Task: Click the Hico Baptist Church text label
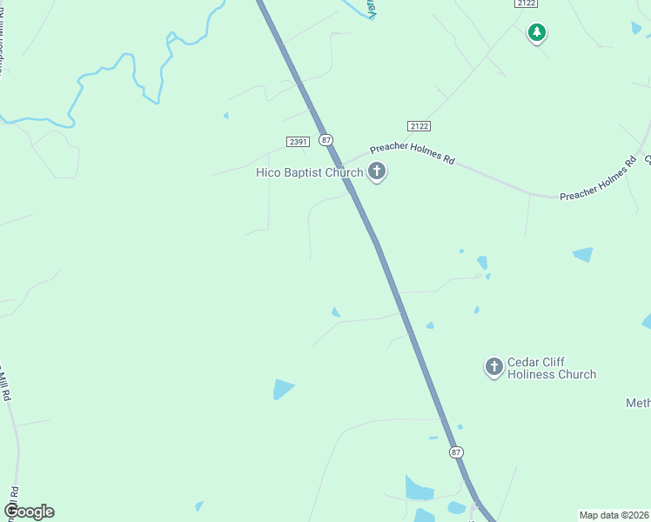coord(309,172)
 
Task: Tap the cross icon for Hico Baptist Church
coord(377,171)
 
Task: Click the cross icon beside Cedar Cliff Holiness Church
coord(494,367)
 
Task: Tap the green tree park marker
coord(537,33)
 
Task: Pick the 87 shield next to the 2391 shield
coord(325,140)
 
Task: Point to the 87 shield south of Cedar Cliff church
coord(457,452)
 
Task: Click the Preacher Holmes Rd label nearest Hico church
coord(413,151)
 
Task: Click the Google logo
coord(29,512)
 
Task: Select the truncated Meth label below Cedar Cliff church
coord(638,403)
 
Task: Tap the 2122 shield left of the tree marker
coord(525,3)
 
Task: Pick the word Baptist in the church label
coord(301,172)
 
